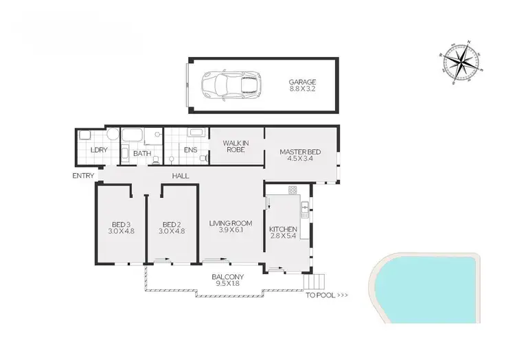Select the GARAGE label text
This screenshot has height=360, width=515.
click(303, 85)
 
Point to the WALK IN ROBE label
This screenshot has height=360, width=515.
click(236, 145)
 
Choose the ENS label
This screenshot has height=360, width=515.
click(191, 153)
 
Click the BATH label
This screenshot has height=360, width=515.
click(142, 153)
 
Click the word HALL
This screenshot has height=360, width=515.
click(181, 177)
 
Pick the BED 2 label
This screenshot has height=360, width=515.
click(172, 227)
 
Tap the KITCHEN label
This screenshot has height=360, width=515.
click(283, 232)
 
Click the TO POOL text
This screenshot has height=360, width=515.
click(327, 296)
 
